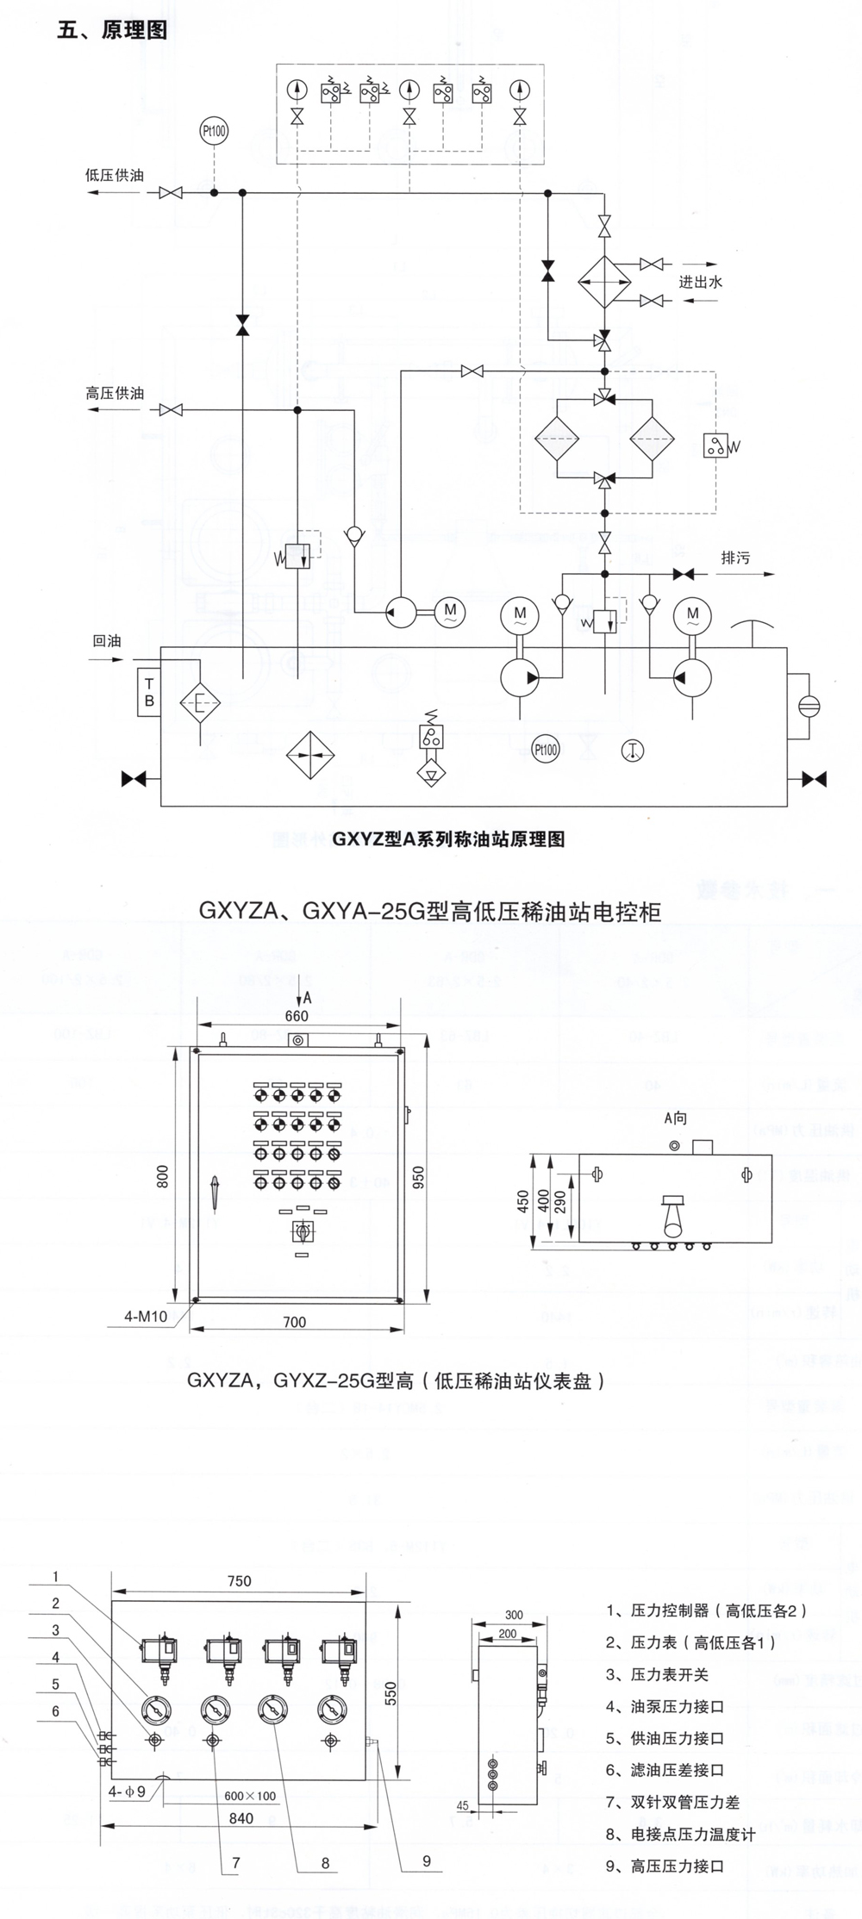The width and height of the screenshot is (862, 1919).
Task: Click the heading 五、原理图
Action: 112,31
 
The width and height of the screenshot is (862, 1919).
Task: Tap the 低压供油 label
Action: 115,175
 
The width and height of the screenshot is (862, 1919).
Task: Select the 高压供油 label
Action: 115,393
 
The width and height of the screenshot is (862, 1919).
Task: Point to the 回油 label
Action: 107,641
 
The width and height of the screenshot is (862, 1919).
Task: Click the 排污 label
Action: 735,558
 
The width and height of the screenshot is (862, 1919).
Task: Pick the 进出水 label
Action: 700,281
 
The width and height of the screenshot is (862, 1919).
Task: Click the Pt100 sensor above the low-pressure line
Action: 214,132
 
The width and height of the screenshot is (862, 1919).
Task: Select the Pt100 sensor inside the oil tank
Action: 545,749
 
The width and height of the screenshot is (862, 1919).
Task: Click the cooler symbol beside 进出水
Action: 604,281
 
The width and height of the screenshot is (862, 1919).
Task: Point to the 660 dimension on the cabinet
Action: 297,1016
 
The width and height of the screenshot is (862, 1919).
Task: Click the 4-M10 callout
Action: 146,1317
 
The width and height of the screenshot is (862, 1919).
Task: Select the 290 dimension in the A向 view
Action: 560,1205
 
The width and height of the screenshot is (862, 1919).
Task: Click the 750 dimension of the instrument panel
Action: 239,1580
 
